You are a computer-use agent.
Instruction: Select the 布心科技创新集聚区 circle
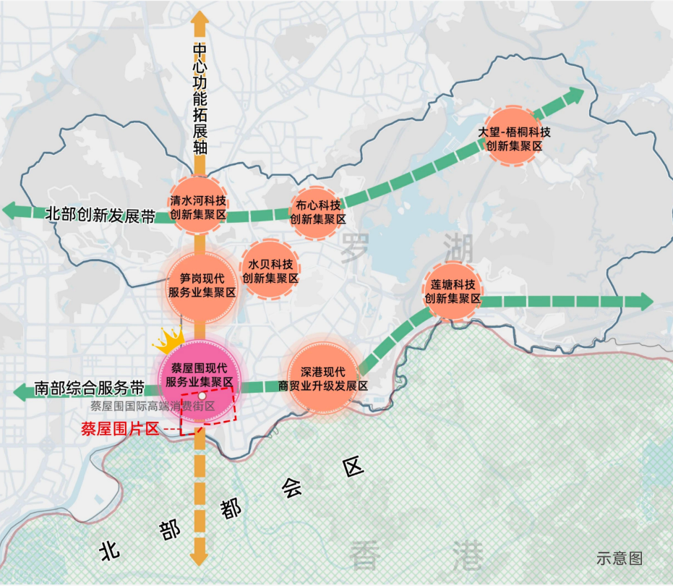(318, 210)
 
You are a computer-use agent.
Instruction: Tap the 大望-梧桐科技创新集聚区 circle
(514, 138)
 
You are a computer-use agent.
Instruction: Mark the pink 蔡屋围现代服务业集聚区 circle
(200, 374)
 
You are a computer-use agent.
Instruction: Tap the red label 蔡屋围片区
(119, 428)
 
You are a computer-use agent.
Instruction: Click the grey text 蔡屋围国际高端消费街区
(153, 407)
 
